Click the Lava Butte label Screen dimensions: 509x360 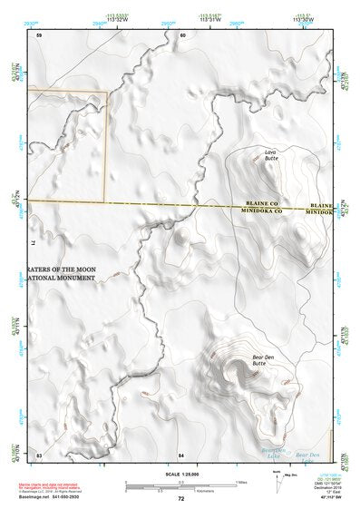point(270,155)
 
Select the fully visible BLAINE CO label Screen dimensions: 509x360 point(264,204)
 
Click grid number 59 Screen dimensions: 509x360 point(40,34)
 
